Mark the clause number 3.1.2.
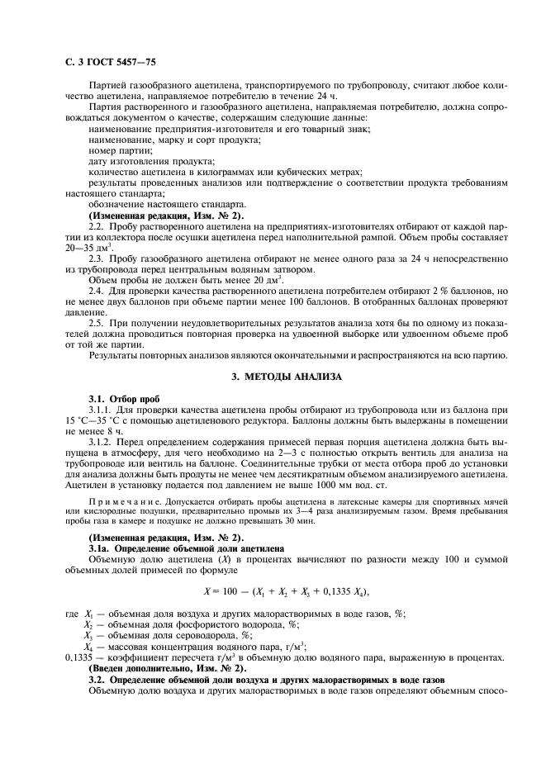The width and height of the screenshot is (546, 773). (100, 441)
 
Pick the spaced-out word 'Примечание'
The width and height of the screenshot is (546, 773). (116, 500)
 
